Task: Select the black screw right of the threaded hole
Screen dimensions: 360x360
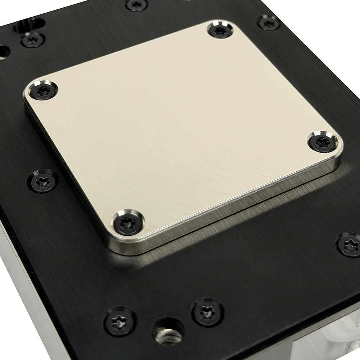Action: tap(208, 312)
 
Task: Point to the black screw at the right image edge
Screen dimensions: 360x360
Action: tap(349, 245)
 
